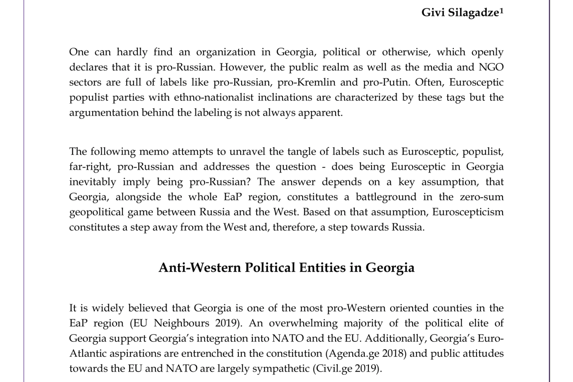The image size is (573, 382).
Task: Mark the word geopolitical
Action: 96,212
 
